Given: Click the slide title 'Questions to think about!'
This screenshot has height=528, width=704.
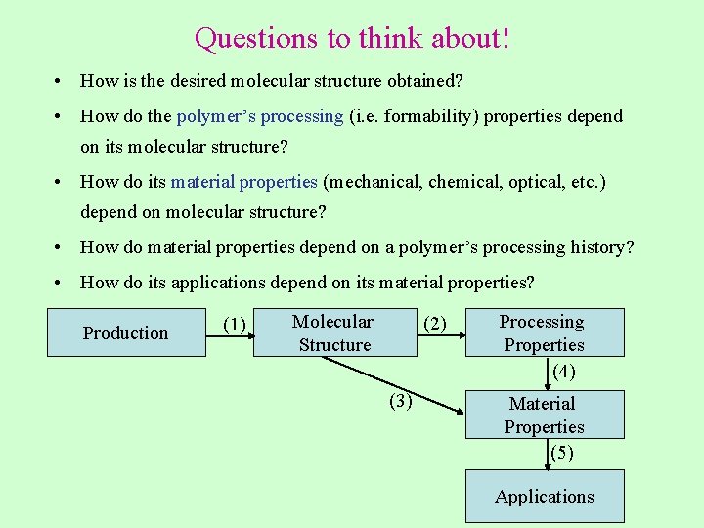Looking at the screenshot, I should [x=352, y=39].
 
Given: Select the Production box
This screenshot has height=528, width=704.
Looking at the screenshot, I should [x=126, y=332].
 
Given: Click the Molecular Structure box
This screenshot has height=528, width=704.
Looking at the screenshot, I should [x=334, y=332].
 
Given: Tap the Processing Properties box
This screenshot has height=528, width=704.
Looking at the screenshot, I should [x=544, y=332].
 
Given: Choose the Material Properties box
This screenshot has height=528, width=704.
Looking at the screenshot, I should [x=544, y=415].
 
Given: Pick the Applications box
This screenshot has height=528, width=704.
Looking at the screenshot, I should [x=544, y=496].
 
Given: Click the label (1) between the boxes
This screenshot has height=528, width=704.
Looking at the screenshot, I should [x=234, y=324].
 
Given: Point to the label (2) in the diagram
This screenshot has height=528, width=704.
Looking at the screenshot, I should [x=434, y=324].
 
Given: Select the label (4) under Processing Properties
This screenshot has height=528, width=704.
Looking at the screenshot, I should [x=563, y=372].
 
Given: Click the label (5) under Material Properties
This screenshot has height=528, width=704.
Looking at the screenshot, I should [x=561, y=453].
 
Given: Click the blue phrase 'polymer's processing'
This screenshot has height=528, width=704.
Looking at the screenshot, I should [x=260, y=116].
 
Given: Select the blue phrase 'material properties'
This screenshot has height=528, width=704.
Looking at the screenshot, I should [x=243, y=182].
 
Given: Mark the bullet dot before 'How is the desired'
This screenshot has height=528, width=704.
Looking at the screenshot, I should [x=61, y=81].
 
